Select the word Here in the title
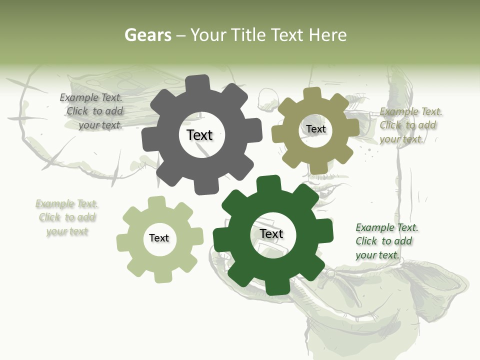coord(327,35)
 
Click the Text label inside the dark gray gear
coord(199,135)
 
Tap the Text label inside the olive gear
coord(315,129)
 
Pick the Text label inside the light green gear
coord(159,238)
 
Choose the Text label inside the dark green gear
coord(271,233)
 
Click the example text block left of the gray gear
coord(92,111)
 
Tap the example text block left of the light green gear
coord(66,217)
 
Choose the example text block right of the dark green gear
coord(386,241)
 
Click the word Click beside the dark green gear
coord(366,241)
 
